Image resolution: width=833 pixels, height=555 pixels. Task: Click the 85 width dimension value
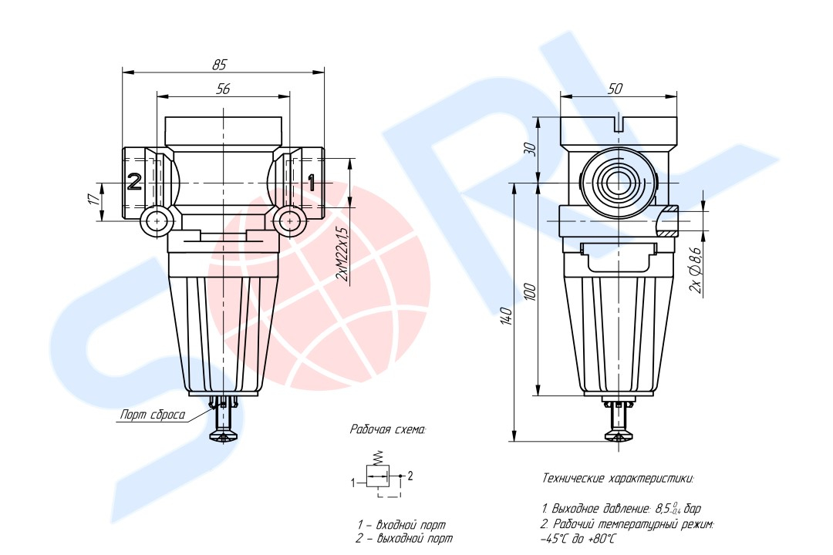click(x=219, y=65)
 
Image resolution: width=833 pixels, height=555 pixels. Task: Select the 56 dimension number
click(x=223, y=89)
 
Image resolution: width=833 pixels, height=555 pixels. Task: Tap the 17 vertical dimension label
click(x=93, y=199)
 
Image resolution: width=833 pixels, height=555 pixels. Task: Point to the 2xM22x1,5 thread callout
click(x=342, y=254)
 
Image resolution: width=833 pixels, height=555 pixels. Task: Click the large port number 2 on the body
click(x=134, y=182)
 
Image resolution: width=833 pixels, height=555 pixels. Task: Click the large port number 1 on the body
click(x=312, y=182)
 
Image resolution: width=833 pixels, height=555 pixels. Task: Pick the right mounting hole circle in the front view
click(x=290, y=221)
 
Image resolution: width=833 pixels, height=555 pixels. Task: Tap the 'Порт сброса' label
click(x=153, y=415)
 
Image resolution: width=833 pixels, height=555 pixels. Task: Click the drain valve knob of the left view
click(x=224, y=436)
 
